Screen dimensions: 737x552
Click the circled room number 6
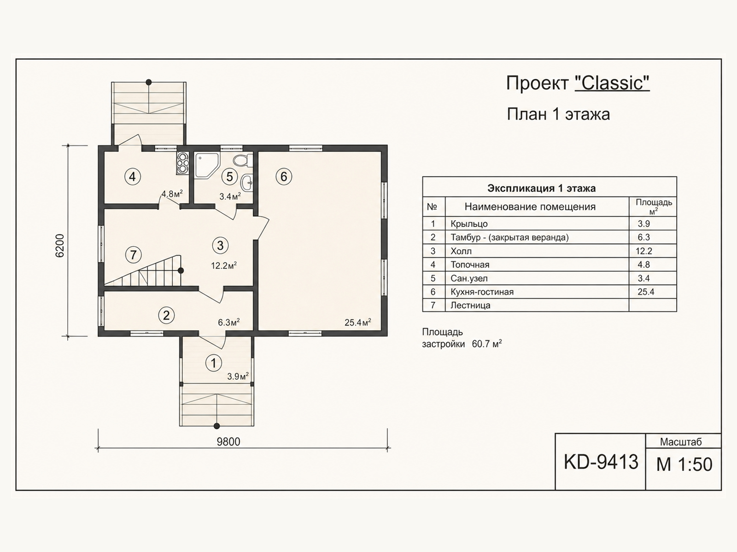tap(284, 176)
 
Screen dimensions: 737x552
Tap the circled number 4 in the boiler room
tap(132, 177)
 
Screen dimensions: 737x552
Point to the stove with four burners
tap(182, 163)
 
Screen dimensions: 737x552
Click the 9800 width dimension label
tap(228, 442)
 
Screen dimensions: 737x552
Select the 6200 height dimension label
tap(59, 246)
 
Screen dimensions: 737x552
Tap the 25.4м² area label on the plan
tap(357, 322)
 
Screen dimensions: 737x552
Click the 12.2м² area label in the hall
tap(223, 266)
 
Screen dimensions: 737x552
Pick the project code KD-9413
tap(601, 462)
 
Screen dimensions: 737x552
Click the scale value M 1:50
tap(684, 464)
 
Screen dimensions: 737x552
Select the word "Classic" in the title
tap(612, 83)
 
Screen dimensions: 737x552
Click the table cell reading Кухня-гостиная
tap(482, 292)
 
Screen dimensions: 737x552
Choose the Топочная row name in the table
tap(470, 265)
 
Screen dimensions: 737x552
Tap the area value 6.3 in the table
tap(643, 237)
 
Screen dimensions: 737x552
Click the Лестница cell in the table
tap(470, 305)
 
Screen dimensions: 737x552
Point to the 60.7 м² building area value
tap(487, 344)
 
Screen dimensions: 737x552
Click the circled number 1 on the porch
tap(213, 363)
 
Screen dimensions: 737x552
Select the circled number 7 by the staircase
tap(133, 255)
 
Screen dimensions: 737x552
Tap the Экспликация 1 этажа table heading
tap(541, 188)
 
